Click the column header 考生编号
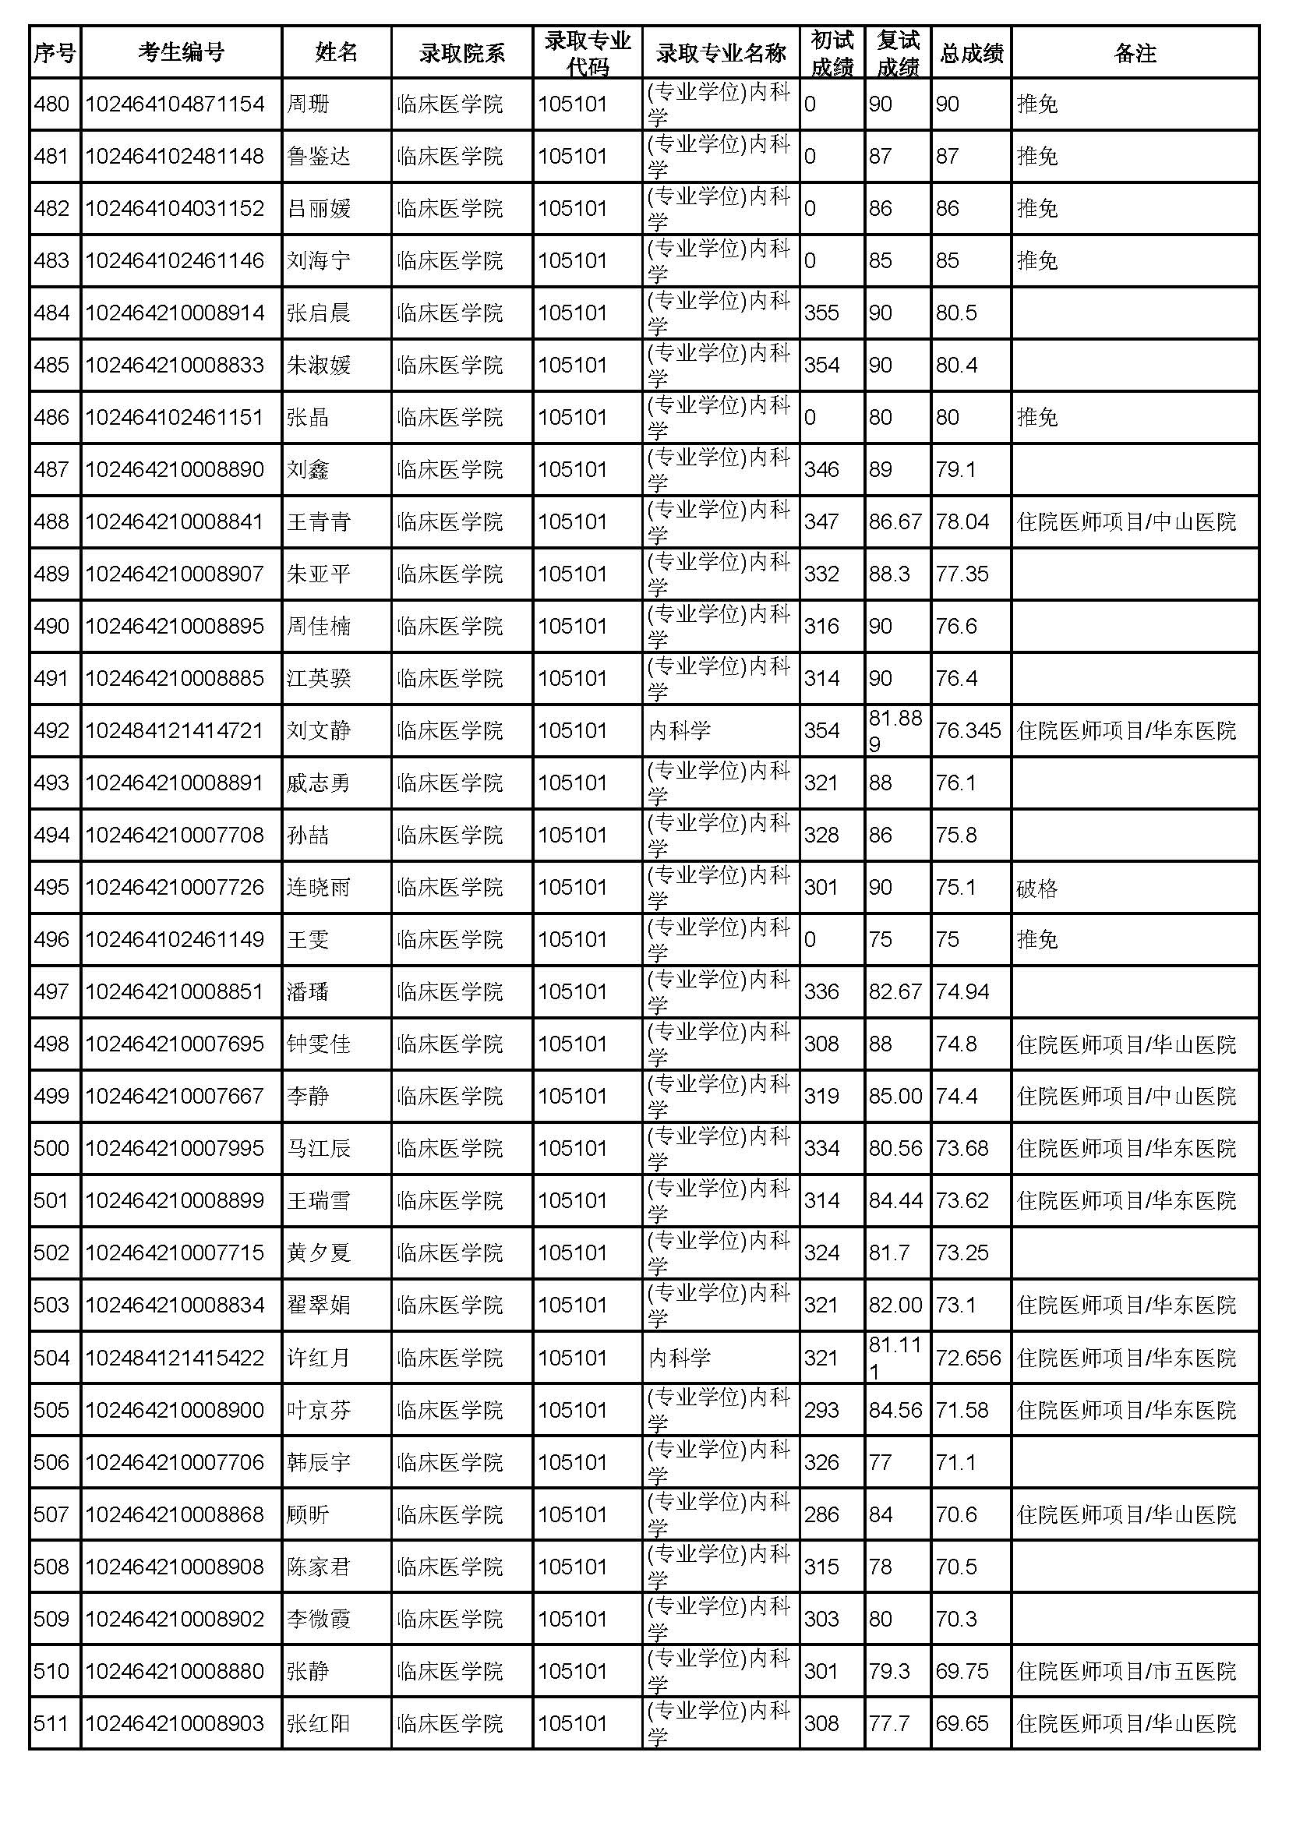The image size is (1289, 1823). pos(181,52)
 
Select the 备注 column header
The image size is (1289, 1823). pos(1134,52)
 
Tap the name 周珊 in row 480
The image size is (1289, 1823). pos(308,104)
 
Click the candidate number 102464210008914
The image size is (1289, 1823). pos(175,313)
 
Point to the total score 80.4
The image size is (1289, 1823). pos(956,366)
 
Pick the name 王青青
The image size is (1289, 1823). pos(318,521)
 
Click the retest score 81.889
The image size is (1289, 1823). pos(895,730)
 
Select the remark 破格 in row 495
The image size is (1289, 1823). pos(1037,887)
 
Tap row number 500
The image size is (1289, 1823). pos(51,1148)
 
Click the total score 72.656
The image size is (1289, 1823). pos(969,1358)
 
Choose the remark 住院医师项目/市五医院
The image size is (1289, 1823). pos(1126,1671)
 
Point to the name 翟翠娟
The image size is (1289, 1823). pos(318,1305)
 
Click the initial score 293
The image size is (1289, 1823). pos(821,1410)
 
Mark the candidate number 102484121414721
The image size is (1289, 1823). pos(175,730)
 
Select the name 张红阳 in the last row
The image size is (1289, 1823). pos(318,1724)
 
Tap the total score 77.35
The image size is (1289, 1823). pos(962,574)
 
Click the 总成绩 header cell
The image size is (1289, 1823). pos(972,52)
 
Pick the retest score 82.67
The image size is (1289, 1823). pos(895,991)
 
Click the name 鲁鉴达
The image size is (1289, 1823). pos(318,157)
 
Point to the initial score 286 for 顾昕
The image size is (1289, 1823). pos(821,1515)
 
